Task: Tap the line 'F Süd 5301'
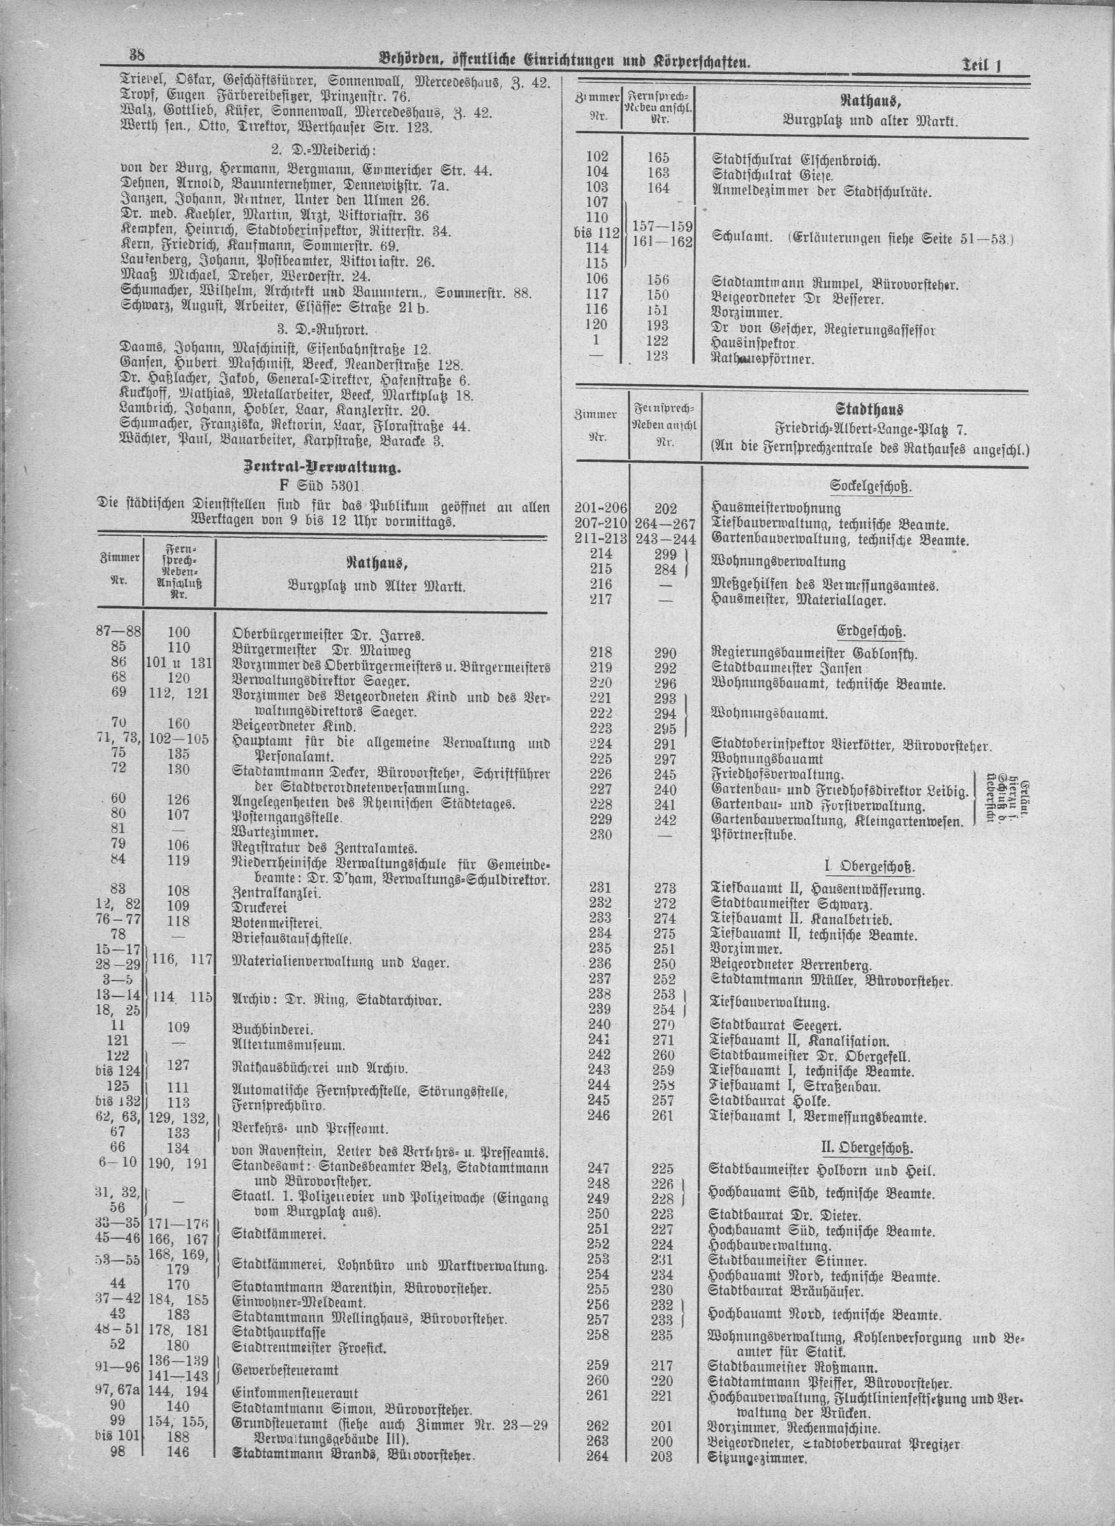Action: tap(321, 486)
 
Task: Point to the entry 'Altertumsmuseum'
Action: tap(289, 1045)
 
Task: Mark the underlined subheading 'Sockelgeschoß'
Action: tap(871, 487)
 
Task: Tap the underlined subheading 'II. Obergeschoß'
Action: tap(869, 1146)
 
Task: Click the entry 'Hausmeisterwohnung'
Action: tap(776, 509)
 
